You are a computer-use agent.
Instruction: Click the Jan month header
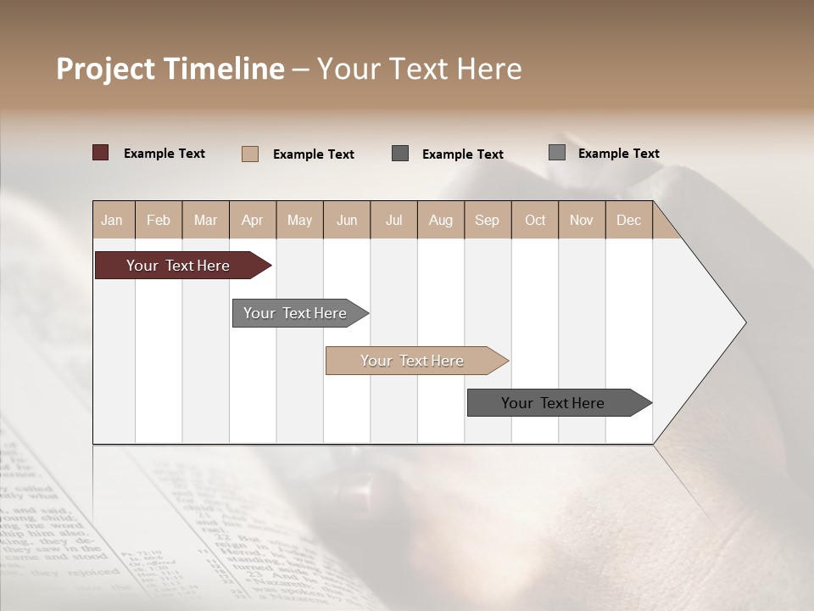112,220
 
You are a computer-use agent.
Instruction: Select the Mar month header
205,220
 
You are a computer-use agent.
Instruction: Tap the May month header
299,220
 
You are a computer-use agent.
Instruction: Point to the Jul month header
393,220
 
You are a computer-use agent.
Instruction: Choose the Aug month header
440,220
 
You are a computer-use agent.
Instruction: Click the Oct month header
535,220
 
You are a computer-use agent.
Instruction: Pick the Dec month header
628,220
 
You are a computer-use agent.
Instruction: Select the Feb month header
159,220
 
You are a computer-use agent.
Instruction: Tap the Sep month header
487,220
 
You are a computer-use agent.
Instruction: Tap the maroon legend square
101,153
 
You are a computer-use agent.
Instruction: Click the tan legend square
250,154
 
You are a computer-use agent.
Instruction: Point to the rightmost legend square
557,153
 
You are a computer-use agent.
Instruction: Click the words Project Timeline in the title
170,69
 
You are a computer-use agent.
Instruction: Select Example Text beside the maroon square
164,154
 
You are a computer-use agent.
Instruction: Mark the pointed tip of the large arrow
744,322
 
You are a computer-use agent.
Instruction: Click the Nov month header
582,220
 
